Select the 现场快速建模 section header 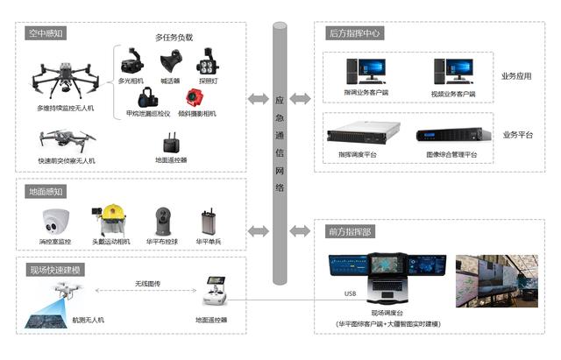coord(55,270)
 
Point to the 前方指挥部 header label coord(349,232)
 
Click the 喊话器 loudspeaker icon coord(170,63)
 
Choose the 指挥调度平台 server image coord(357,137)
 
